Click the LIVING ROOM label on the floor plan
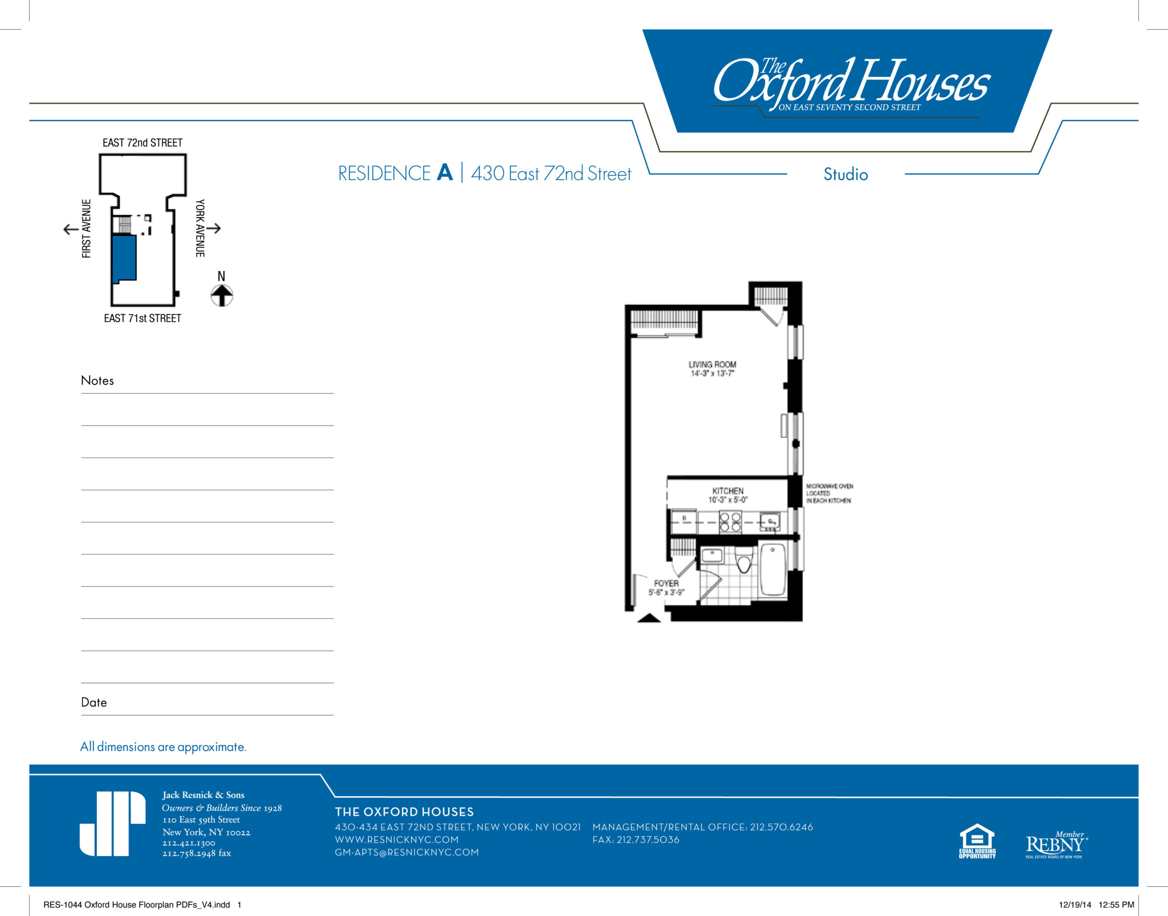[712, 368]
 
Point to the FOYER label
[666, 587]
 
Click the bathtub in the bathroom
[772, 570]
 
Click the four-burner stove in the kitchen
[730, 522]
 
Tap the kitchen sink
[770, 521]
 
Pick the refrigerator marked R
[684, 520]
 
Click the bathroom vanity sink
[712, 555]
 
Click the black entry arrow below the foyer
[649, 618]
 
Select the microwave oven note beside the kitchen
[829, 493]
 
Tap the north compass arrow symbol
[221, 294]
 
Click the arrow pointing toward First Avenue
[71, 229]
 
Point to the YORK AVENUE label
[200, 228]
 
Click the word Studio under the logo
[845, 174]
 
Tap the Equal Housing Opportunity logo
[977, 841]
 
